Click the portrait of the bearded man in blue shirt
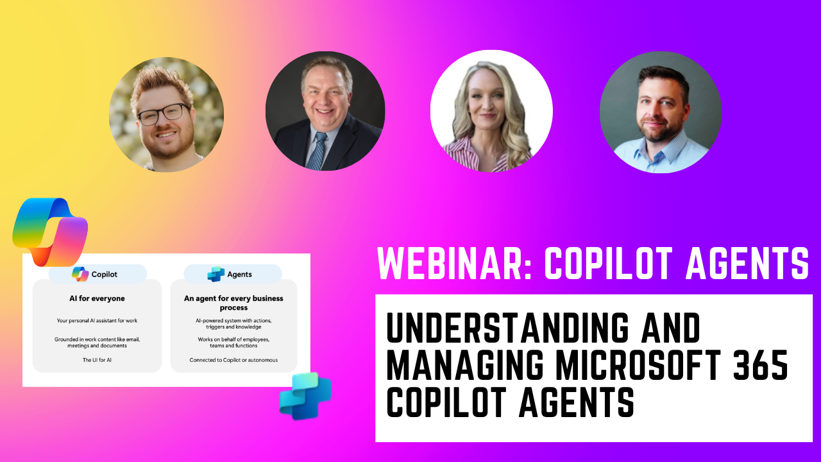click(x=660, y=112)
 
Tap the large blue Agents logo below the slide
click(x=305, y=396)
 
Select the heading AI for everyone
click(x=97, y=298)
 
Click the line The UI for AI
click(x=97, y=360)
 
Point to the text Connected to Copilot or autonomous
click(x=233, y=360)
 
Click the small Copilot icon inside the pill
click(x=80, y=274)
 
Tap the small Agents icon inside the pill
click(x=216, y=274)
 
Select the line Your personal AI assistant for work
click(x=97, y=320)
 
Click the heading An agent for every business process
click(x=233, y=303)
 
